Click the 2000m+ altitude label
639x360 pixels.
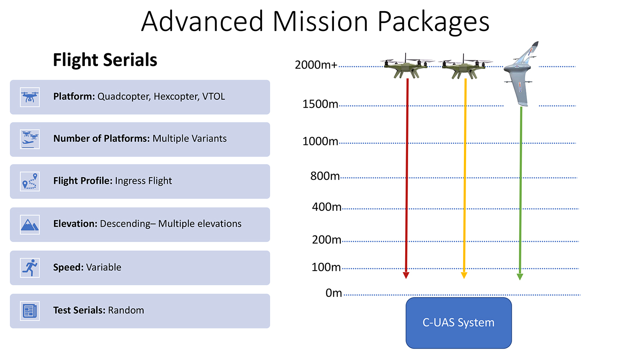click(316, 65)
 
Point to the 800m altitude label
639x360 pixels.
click(325, 176)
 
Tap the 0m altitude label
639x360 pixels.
click(334, 293)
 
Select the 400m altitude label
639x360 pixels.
click(327, 207)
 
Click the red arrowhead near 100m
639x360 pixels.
click(406, 275)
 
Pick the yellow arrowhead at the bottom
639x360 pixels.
click(464, 275)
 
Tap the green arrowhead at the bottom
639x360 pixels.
click(520, 276)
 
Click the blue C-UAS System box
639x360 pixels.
click(459, 323)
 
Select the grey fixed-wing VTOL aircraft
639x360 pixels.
click(521, 74)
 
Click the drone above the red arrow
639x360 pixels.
click(406, 66)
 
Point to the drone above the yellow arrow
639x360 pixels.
click(465, 66)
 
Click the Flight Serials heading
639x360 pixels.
click(105, 60)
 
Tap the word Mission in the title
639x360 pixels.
click(320, 21)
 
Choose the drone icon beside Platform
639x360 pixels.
click(30, 97)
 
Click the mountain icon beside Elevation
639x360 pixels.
click(30, 225)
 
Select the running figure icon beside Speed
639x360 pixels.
click(30, 268)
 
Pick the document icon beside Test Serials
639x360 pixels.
click(30, 311)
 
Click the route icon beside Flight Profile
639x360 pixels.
click(30, 181)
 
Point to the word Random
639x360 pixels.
click(126, 310)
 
